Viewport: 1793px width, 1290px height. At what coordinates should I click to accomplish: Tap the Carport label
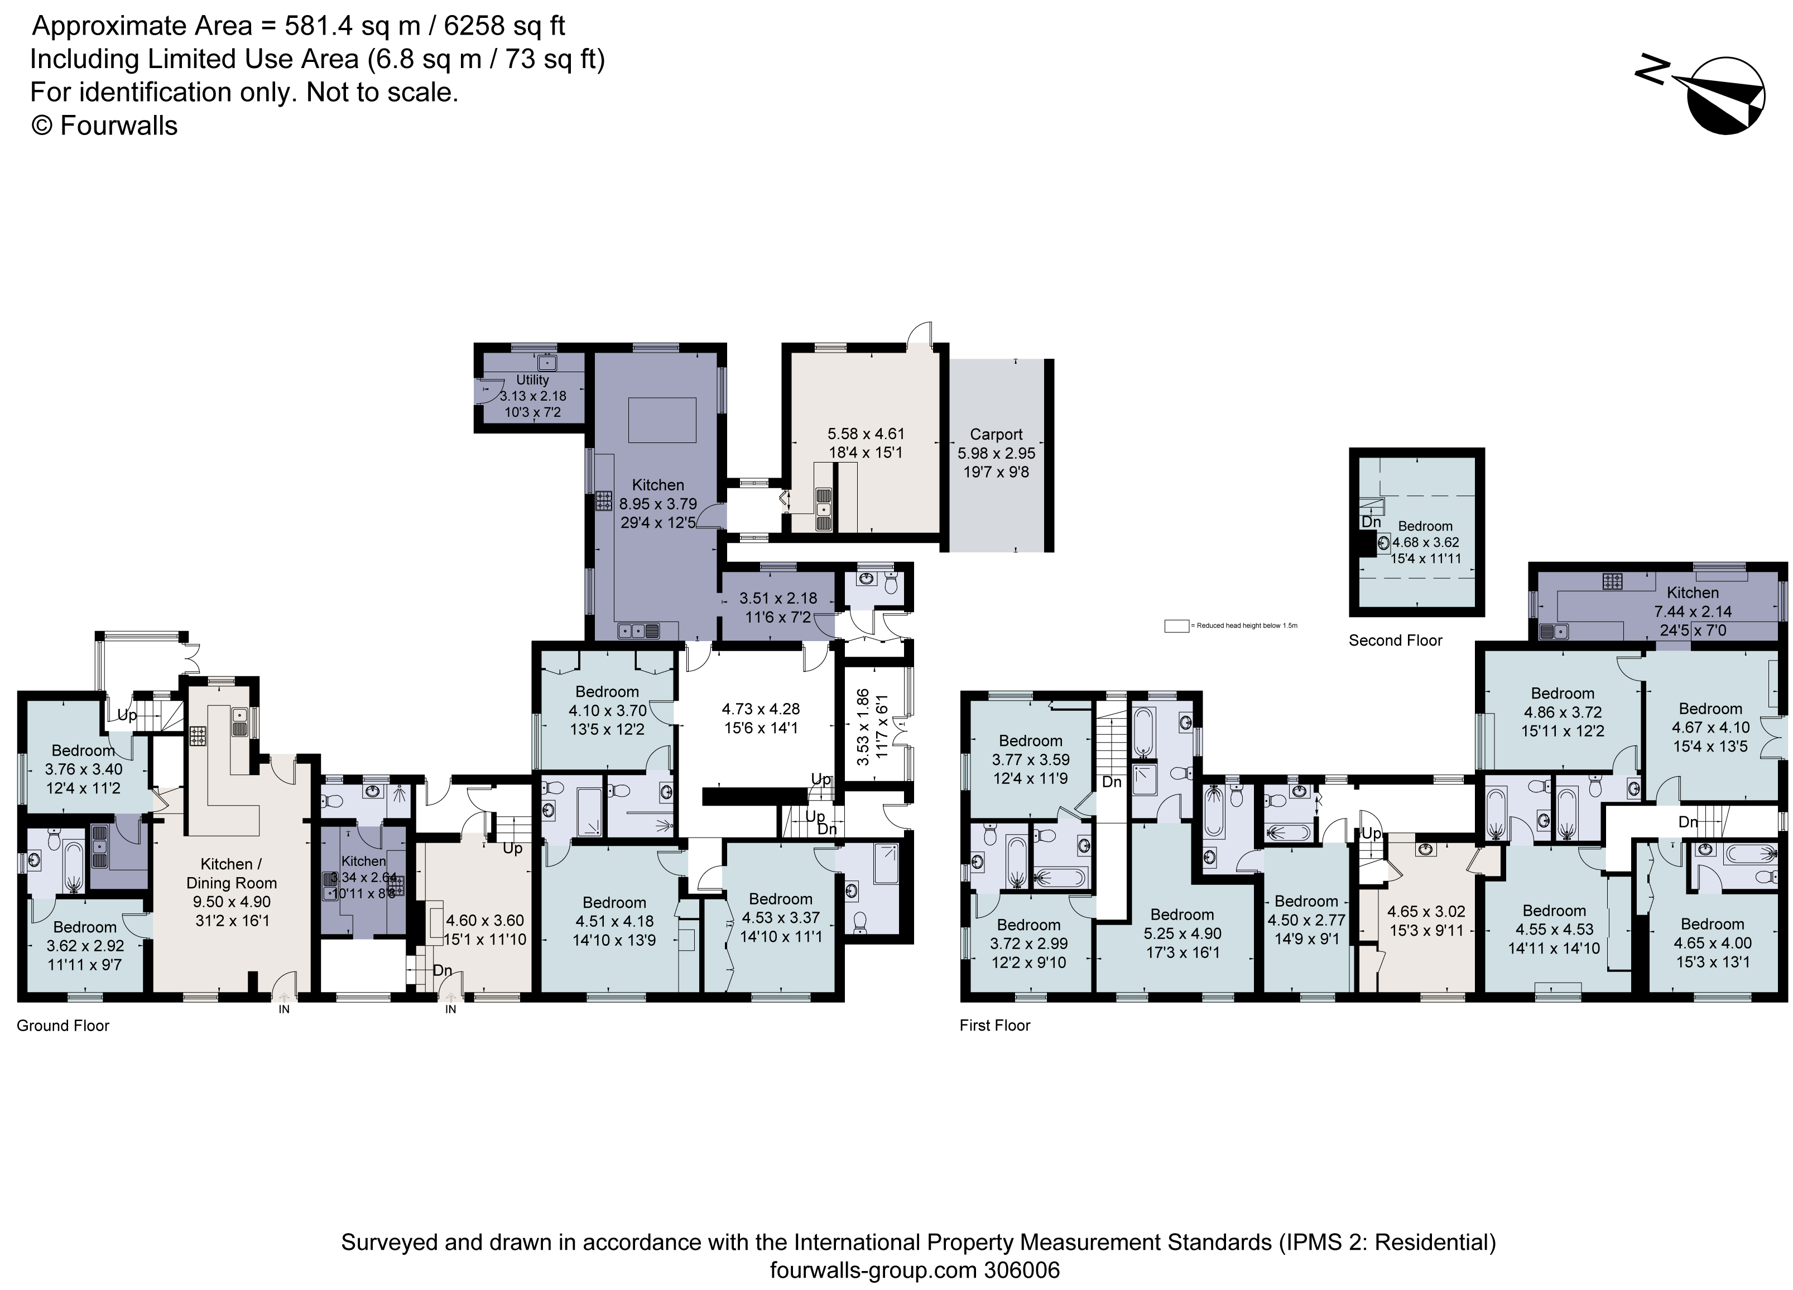[996, 434]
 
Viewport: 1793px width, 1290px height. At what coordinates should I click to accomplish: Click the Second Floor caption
[1395, 641]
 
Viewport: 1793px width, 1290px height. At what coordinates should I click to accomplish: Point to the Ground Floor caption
[63, 1025]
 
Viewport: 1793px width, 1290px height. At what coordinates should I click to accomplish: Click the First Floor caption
[994, 1025]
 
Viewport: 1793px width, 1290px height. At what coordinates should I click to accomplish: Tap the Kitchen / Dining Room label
[231, 873]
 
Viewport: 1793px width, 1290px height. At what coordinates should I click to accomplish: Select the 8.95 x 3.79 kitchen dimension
[658, 503]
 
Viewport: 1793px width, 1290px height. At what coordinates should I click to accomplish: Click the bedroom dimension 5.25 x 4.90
[1182, 933]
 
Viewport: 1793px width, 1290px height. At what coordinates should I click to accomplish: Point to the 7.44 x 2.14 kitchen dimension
[1693, 611]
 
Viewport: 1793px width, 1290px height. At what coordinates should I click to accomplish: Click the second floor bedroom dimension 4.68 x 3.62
[1425, 542]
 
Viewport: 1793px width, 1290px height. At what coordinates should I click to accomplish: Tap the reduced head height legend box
[1176, 626]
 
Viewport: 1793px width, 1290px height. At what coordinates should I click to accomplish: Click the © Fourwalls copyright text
[104, 126]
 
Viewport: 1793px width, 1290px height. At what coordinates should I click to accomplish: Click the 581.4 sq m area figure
[353, 26]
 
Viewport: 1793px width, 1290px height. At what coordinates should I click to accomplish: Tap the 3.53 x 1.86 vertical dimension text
[863, 726]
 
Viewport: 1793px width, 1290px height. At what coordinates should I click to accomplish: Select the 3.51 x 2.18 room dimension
[778, 598]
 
